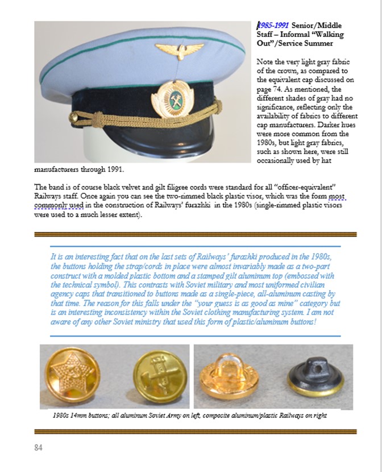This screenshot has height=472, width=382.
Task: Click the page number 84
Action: [x=38, y=448]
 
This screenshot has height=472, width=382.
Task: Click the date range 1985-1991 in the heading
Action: [x=274, y=25]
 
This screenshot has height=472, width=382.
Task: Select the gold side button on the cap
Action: [x=73, y=117]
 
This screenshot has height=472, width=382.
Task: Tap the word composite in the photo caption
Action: [x=211, y=416]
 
